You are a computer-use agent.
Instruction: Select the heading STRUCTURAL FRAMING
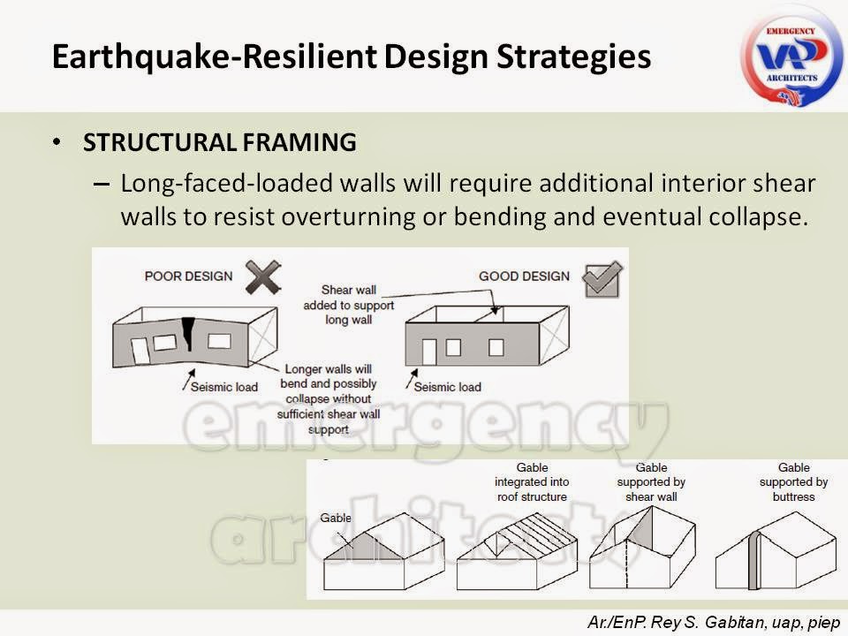(220, 142)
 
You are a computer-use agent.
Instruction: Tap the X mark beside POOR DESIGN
(265, 277)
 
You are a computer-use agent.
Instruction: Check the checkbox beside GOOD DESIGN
(602, 279)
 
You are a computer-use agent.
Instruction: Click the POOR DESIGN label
(188, 276)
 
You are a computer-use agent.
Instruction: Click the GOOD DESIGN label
(523, 276)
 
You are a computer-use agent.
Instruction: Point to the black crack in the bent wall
(188, 333)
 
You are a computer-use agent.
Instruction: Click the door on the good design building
(429, 351)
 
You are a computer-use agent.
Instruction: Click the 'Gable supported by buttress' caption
(793, 482)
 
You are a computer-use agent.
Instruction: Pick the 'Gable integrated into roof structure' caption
(531, 482)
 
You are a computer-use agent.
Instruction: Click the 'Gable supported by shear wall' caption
(651, 482)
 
